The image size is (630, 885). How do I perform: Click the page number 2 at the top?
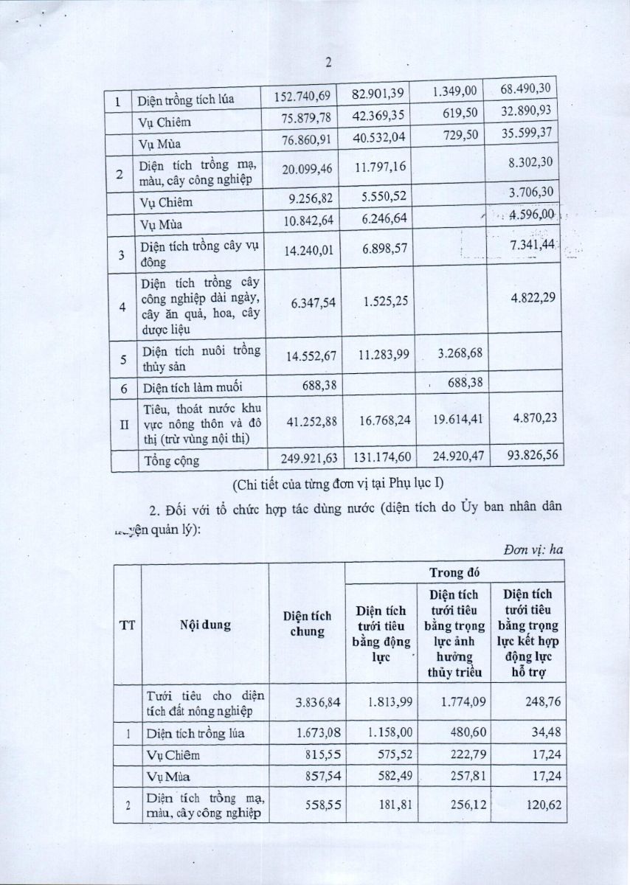click(x=328, y=63)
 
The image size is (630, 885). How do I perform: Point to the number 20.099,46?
click(x=308, y=169)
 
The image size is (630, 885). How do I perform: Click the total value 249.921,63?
click(x=304, y=458)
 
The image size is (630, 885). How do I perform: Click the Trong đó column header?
click(x=455, y=572)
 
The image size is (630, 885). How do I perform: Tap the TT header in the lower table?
click(x=126, y=626)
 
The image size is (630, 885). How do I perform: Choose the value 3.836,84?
click(x=316, y=701)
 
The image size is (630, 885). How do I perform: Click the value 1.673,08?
click(x=318, y=732)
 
